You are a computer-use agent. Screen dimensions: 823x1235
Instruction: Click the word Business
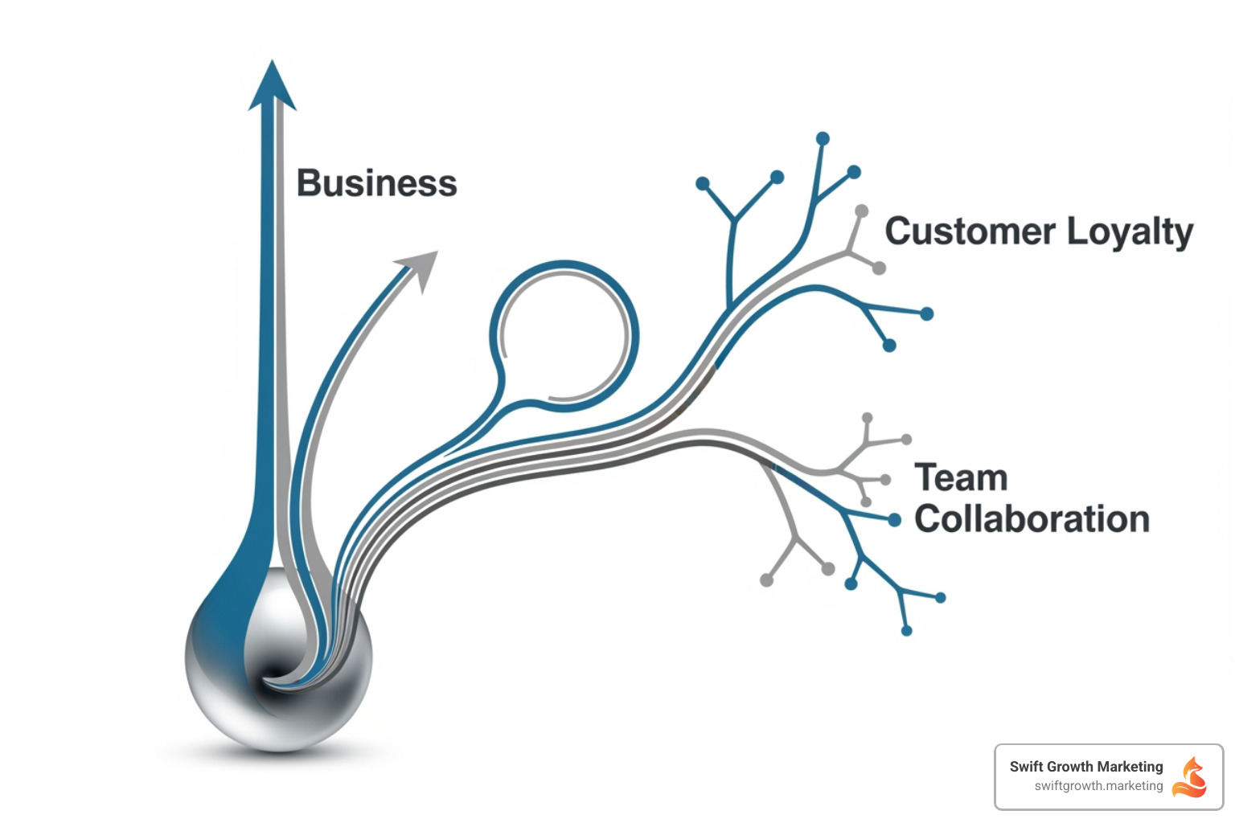pos(376,183)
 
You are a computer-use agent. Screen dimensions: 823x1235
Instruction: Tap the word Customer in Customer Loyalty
pos(970,231)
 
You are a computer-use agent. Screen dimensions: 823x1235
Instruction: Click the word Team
pos(961,477)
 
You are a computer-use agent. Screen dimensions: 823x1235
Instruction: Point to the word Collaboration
pos(1032,519)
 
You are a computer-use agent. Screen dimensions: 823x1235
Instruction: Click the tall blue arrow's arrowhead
pos(273,87)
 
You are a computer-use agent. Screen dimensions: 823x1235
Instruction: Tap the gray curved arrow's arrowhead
pos(421,266)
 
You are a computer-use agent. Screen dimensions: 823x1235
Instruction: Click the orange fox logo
pos(1190,777)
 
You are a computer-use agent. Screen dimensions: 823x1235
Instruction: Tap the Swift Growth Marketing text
pos(1085,767)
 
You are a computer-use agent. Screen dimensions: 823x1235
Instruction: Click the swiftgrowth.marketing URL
pos(1098,786)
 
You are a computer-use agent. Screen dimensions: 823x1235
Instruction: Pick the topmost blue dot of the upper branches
pos(823,139)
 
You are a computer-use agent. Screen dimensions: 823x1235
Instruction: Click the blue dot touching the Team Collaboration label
pos(895,521)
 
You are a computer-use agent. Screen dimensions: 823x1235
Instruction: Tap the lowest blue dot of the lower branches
pos(906,631)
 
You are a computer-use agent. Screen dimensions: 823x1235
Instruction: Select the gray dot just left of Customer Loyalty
pos(862,211)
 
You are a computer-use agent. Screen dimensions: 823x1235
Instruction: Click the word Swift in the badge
pos(1026,767)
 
